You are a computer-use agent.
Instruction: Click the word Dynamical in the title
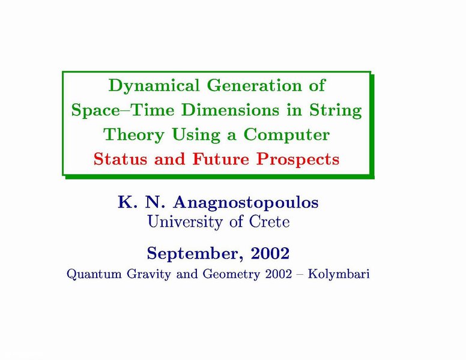154,86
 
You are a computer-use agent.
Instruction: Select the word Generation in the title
255,85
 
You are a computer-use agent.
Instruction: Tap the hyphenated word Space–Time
123,111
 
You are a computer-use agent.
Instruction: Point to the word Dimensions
231,110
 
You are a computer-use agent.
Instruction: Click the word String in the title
336,111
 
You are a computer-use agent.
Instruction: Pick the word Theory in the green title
134,135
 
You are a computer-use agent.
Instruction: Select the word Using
196,135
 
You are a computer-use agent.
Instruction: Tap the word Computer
286,135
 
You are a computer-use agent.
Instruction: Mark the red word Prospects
298,160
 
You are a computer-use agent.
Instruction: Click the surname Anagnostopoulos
246,203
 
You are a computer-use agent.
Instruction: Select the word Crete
269,221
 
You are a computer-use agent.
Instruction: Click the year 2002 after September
270,253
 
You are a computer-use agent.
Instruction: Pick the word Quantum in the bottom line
94,274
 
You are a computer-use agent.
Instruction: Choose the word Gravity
149,274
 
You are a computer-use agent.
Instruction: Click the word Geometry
232,274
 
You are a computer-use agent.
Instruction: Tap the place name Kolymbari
339,274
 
